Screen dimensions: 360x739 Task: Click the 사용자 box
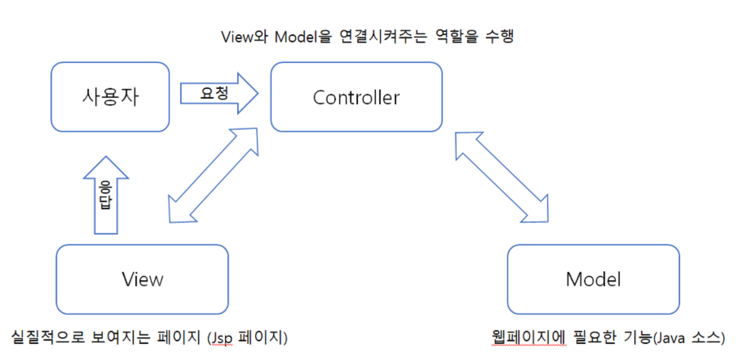[x=110, y=97]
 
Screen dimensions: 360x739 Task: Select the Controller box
[x=356, y=97]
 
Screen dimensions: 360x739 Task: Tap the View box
[x=142, y=279]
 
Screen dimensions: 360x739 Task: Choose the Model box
[x=593, y=279]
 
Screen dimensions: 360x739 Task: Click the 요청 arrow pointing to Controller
[x=219, y=93]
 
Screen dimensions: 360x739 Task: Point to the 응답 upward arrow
[x=106, y=196]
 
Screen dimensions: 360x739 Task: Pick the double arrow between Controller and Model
[x=502, y=176]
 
